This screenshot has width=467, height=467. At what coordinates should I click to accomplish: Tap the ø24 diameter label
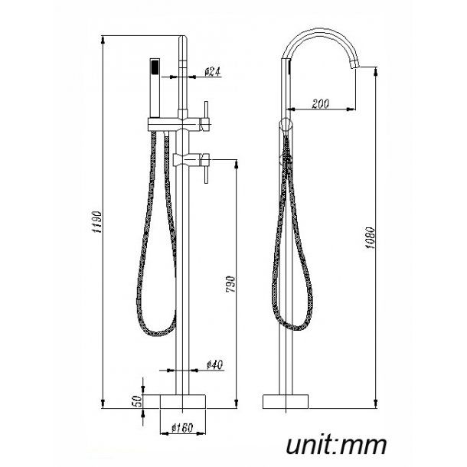[213, 72]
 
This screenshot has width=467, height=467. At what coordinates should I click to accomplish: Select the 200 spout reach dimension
[322, 104]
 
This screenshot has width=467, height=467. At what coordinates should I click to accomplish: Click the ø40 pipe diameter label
[216, 366]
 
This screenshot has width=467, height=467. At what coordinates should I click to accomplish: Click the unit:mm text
[336, 444]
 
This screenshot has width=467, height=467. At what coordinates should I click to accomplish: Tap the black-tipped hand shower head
[155, 68]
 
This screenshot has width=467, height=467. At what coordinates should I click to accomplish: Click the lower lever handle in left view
[206, 168]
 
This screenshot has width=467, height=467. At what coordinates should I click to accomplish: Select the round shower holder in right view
[286, 123]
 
